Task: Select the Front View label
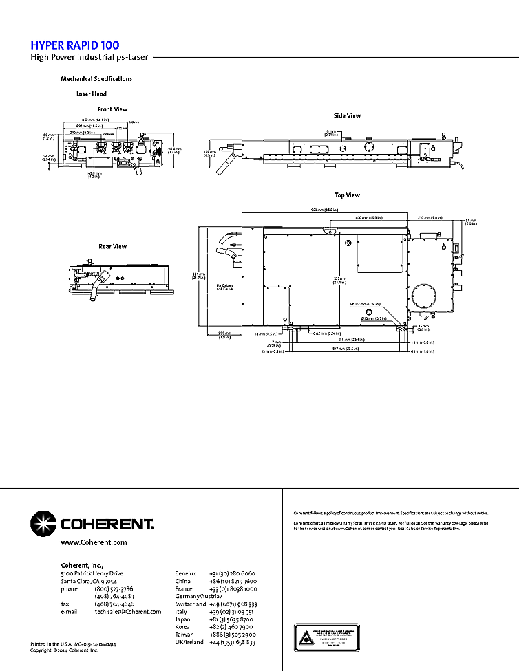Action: [112, 109]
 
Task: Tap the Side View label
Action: [347, 116]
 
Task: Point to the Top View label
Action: [347, 195]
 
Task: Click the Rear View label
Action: [112, 246]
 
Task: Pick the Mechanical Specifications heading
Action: [96, 79]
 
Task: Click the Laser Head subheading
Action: [91, 94]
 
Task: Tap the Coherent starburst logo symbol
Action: [43, 524]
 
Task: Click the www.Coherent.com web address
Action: [94, 542]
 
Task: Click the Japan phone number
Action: [233, 619]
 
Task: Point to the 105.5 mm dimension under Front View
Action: [94, 174]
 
